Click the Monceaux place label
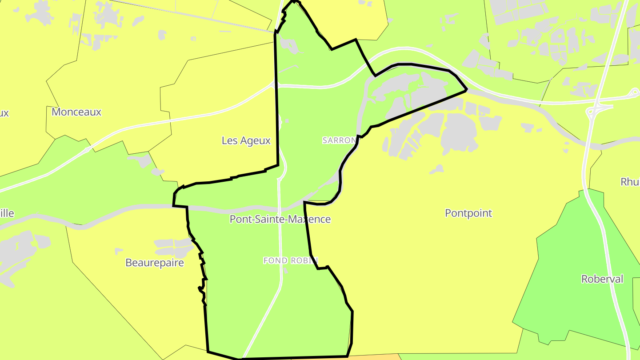click(x=76, y=112)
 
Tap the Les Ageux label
click(x=246, y=141)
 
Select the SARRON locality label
click(x=340, y=140)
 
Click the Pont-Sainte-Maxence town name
click(x=280, y=219)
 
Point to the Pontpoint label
click(x=468, y=213)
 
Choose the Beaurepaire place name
click(x=154, y=263)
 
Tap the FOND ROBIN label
click(x=291, y=260)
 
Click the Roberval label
click(x=602, y=279)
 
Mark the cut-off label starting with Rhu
click(x=630, y=182)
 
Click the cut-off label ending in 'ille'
click(x=7, y=213)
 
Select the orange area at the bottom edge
click(x=373, y=357)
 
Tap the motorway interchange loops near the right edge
click(x=598, y=109)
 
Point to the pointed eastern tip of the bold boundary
click(x=466, y=90)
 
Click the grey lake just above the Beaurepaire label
click(x=173, y=244)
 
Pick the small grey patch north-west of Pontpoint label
click(x=437, y=169)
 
